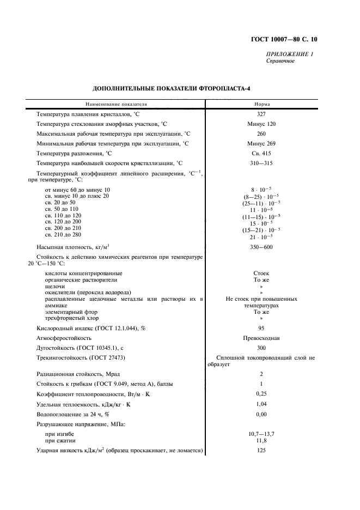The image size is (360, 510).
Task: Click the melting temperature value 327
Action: [x=261, y=114]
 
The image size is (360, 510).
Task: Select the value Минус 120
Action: [x=261, y=124]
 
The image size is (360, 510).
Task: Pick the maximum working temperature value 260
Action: [x=261, y=133]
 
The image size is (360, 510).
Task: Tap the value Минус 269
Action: [x=261, y=143]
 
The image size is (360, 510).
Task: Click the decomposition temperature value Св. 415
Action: [x=261, y=153]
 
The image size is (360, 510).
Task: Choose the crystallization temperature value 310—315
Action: [x=261, y=163]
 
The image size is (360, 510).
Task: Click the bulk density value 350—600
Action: [x=261, y=247]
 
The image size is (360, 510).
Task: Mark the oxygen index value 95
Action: [x=261, y=327]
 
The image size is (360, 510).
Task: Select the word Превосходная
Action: [x=261, y=337]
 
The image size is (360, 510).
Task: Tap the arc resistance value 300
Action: [x=261, y=347]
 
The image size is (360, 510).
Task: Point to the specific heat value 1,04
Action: [x=261, y=404]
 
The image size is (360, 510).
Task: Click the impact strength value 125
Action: [x=261, y=451]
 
